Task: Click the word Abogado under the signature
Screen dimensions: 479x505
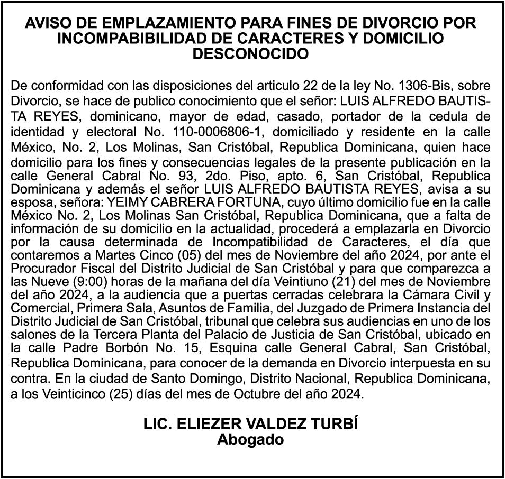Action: pos(250,439)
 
